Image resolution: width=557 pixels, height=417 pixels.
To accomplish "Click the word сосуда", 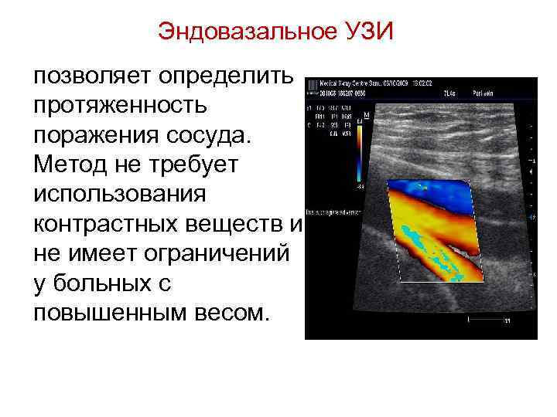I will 210,134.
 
